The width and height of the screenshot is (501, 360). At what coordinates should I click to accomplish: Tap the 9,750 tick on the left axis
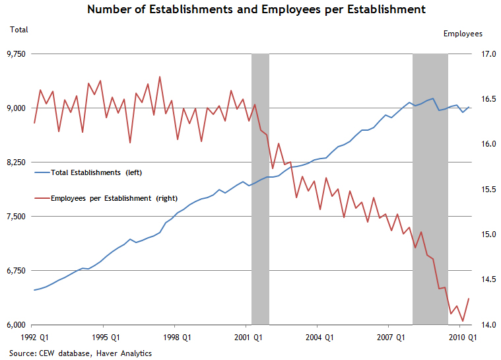coord(17,54)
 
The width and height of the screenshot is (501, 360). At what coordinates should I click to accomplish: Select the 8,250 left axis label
coord(17,162)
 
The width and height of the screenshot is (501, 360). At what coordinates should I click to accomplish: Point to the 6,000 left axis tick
coord(17,325)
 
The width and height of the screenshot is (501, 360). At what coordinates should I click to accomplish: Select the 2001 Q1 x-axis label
coord(246,338)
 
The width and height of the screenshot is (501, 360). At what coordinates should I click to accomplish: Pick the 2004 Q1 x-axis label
coord(317,338)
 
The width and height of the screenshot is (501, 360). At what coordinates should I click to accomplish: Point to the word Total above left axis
coord(18,30)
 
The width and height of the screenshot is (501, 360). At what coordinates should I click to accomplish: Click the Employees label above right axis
coord(463,34)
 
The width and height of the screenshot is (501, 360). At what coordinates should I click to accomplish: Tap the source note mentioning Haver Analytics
coord(81,353)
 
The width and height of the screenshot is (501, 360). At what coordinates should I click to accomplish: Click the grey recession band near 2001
coord(260,218)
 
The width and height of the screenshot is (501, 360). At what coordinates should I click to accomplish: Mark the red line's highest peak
coord(160,77)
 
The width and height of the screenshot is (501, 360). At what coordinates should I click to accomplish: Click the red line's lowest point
coord(463,321)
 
